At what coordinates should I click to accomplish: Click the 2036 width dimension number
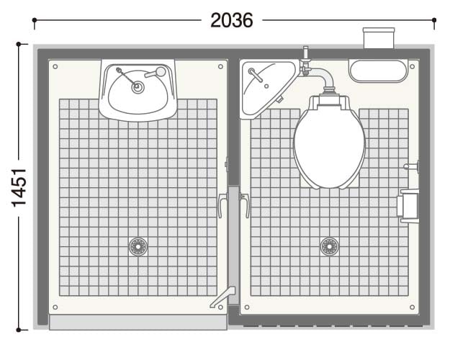coord(232,20)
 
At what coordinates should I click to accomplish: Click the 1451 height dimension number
coord(19,188)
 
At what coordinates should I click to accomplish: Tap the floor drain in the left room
coord(138,246)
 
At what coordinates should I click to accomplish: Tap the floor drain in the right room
coord(330,246)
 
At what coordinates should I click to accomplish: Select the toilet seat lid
coord(330,146)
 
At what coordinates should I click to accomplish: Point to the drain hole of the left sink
coord(138,87)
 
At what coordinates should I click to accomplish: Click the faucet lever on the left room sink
coord(156,73)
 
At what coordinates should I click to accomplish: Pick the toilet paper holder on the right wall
coord(408,206)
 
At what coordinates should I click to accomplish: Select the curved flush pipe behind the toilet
coord(323,77)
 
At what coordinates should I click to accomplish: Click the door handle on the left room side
coord(222,205)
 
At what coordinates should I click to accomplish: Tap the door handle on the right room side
coord(245,205)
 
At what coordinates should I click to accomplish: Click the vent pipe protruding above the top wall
coord(379,38)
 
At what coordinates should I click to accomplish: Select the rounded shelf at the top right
coord(379,71)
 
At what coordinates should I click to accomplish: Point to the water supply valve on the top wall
coord(305,61)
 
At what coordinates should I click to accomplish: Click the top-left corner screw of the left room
coord(55,66)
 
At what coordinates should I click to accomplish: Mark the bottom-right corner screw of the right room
coord(412,307)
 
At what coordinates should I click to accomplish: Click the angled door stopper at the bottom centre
coord(222,297)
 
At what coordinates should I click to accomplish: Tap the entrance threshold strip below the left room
coord(138,323)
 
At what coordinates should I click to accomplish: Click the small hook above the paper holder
coord(411,166)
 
